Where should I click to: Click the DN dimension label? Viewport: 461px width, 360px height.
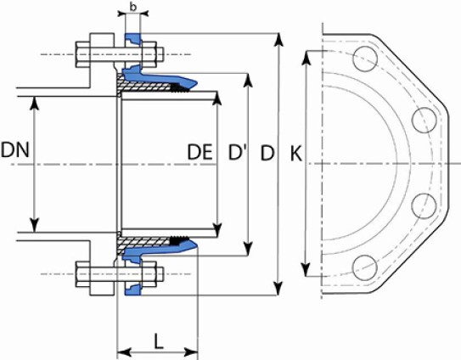pyautogui.click(x=15, y=149)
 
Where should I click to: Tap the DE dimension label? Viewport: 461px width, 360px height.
pyautogui.click(x=200, y=152)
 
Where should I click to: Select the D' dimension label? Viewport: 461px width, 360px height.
pyautogui.click(x=238, y=152)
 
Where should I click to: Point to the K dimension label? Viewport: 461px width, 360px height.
pyautogui.click(x=295, y=153)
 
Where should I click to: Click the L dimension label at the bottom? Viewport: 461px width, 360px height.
pyautogui.click(x=159, y=341)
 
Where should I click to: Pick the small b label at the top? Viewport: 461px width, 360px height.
pyautogui.click(x=133, y=7)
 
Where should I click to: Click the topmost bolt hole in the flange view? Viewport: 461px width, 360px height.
pyautogui.click(x=365, y=59)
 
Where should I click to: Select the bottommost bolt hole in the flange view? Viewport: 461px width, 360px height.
pyautogui.click(x=365, y=268)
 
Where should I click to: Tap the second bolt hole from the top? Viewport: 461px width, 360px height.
pyautogui.click(x=424, y=120)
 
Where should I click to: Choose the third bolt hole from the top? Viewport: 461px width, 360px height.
pyautogui.click(x=424, y=206)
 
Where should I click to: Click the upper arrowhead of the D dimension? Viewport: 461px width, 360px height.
pyautogui.click(x=278, y=40)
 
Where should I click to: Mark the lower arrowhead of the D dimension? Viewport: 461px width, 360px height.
pyautogui.click(x=278, y=289)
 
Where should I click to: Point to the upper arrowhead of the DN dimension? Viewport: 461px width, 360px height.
pyautogui.click(x=35, y=103)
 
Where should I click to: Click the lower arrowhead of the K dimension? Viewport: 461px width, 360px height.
pyautogui.click(x=306, y=269)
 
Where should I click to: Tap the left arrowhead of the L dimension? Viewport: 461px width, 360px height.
pyautogui.click(x=124, y=352)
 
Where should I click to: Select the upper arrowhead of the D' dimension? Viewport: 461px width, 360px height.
pyautogui.click(x=249, y=80)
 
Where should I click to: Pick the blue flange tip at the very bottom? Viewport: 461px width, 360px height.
pyautogui.click(x=133, y=290)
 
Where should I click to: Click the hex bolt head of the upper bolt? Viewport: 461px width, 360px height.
pyautogui.click(x=83, y=54)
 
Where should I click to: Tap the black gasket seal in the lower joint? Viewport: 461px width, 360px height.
pyautogui.click(x=178, y=240)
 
